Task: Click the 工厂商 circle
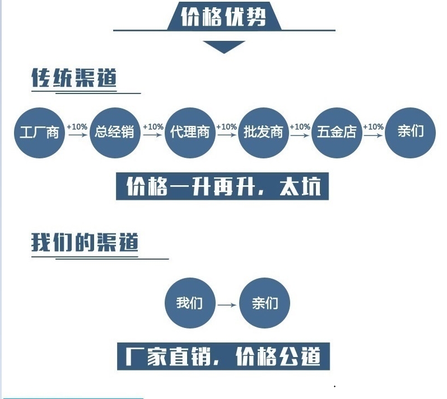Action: [39, 133]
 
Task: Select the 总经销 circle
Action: [115, 133]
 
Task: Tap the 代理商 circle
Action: [190, 133]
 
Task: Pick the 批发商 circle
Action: [263, 133]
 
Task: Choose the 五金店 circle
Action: [337, 133]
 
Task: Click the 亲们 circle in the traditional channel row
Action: [410, 133]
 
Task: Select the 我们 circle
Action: [190, 303]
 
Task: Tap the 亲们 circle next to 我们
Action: [264, 303]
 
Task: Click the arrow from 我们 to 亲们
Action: [227, 305]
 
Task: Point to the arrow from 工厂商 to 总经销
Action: [78, 134]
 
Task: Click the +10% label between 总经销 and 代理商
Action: [153, 126]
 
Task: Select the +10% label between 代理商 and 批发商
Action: [227, 126]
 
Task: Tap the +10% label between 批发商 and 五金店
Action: [300, 126]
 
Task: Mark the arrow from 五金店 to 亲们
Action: [374, 135]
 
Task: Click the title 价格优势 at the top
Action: [224, 17]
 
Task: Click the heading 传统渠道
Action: [74, 78]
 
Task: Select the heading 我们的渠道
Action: [85, 242]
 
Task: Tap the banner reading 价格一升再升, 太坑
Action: [222, 186]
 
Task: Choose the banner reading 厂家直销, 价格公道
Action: [223, 356]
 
